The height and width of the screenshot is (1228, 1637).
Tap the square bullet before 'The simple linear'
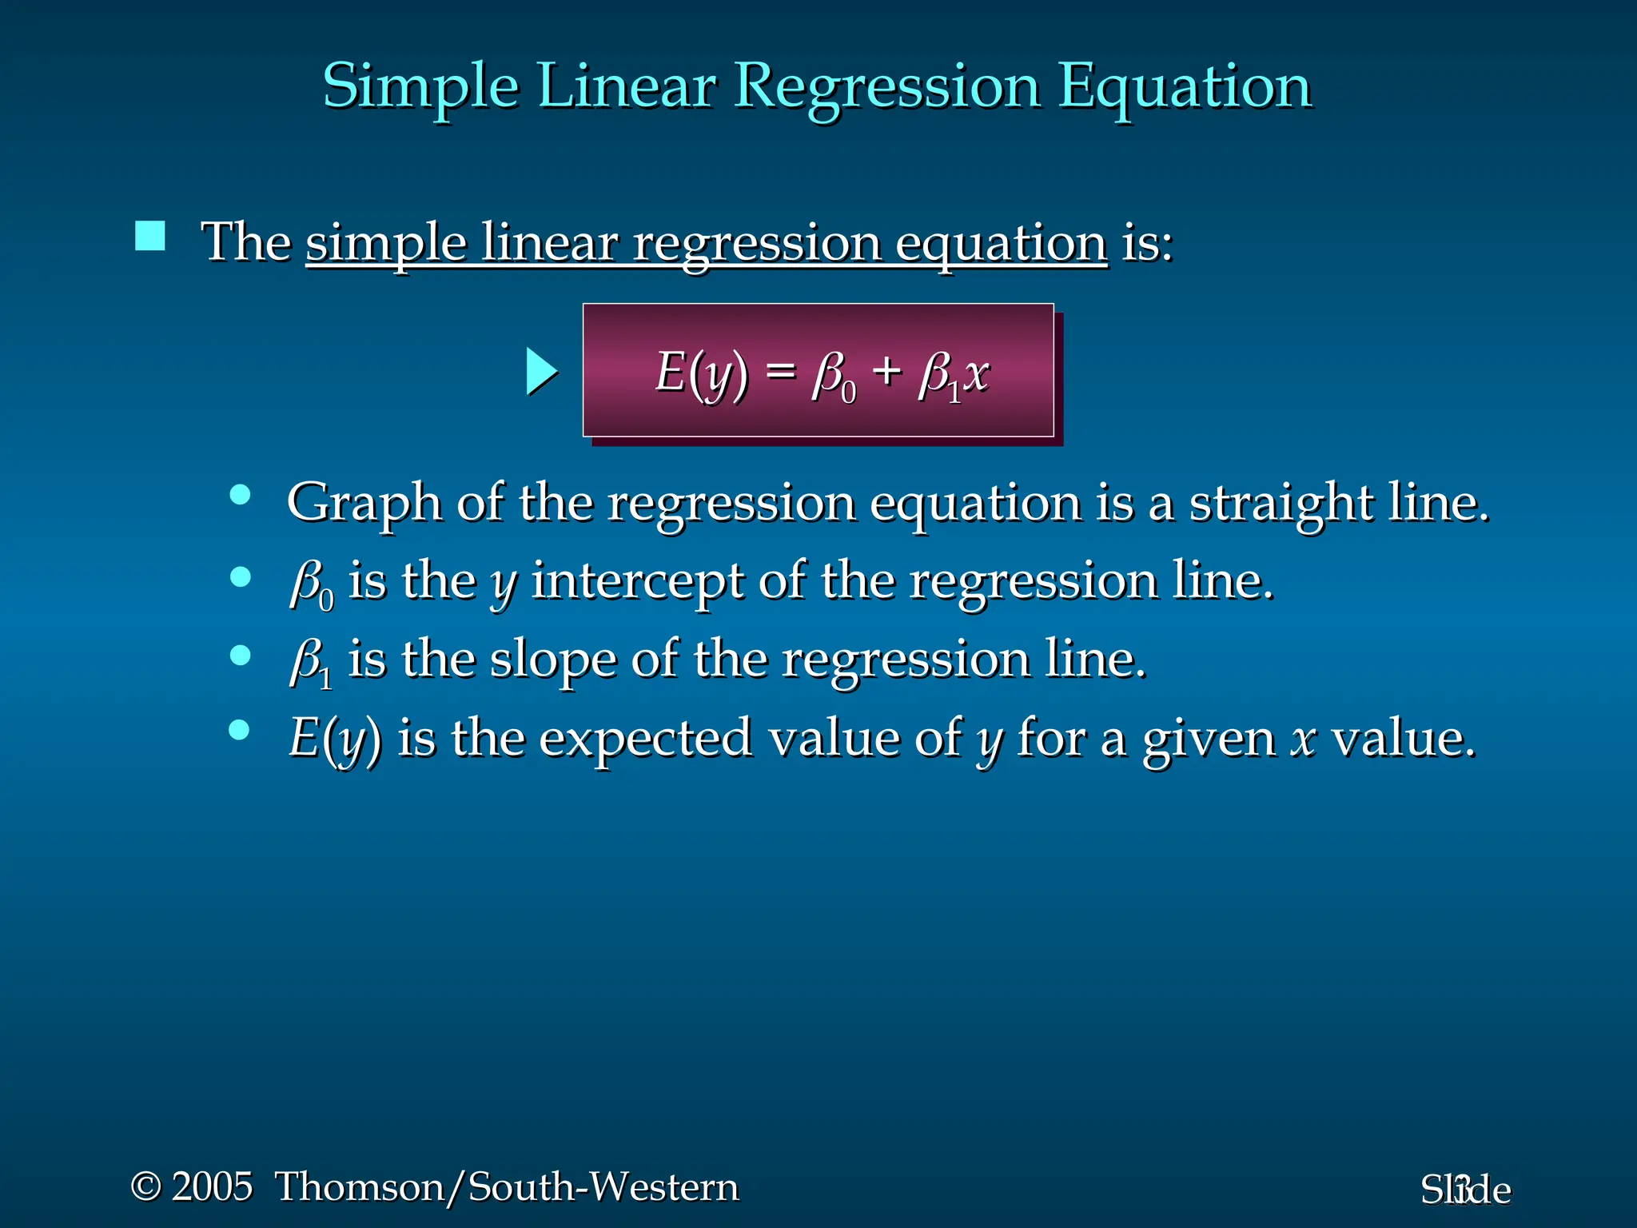[150, 237]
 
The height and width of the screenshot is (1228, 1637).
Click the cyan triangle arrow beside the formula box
[541, 372]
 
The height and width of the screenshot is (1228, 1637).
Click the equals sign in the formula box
[781, 372]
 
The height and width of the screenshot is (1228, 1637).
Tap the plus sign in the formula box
[886, 372]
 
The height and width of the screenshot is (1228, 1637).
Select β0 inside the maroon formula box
[834, 376]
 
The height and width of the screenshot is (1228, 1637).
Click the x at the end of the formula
[977, 373]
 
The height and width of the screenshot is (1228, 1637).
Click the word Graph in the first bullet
[364, 504]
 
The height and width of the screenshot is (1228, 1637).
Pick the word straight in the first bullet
[1281, 504]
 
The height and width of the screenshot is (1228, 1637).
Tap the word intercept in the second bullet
[637, 581]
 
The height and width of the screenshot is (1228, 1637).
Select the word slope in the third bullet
[553, 660]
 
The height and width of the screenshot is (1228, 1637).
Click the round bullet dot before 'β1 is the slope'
[240, 656]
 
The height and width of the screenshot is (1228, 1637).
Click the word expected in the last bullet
[645, 739]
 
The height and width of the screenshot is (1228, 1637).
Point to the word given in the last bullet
[1209, 739]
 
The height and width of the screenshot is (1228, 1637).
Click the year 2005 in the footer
[212, 1186]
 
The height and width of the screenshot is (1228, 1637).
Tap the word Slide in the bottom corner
[1465, 1190]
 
